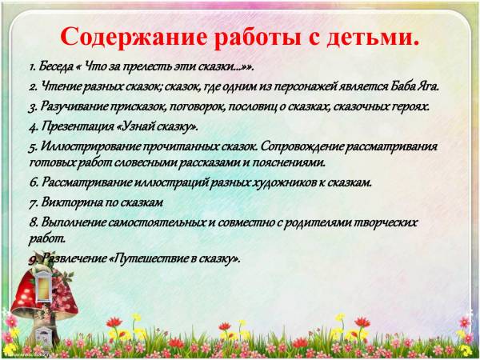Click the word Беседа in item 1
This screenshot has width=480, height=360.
point(56,66)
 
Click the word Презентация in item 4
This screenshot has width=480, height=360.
point(78,126)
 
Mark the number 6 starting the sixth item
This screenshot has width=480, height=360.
point(33,183)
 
